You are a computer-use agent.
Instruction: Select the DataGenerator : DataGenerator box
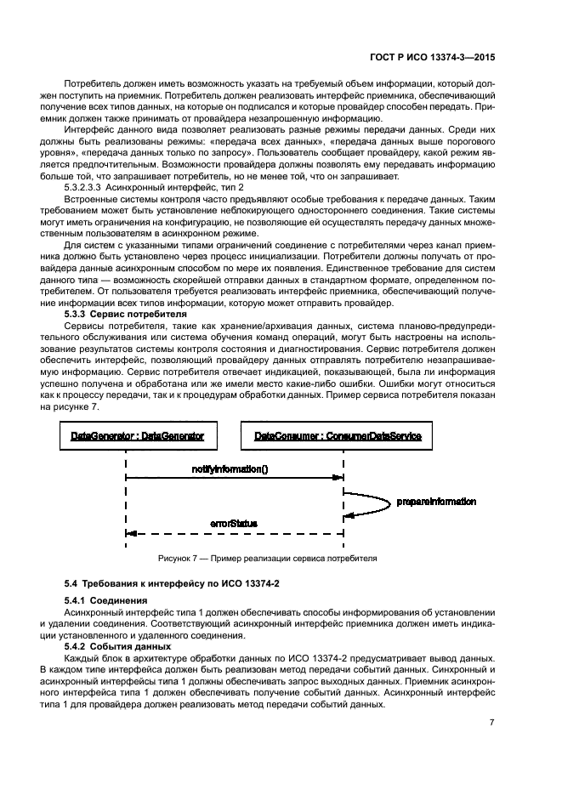(x=126, y=435)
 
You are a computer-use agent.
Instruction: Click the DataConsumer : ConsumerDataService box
(x=343, y=435)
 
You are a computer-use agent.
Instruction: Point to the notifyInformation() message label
(x=229, y=468)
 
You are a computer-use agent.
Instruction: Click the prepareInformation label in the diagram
(x=436, y=502)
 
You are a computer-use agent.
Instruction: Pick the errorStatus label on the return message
(x=234, y=524)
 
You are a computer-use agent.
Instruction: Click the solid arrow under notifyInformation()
(x=234, y=479)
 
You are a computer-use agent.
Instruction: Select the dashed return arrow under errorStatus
(x=234, y=534)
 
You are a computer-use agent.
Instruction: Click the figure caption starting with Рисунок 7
(x=268, y=559)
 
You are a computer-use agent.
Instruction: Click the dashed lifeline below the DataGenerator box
(x=126, y=502)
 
